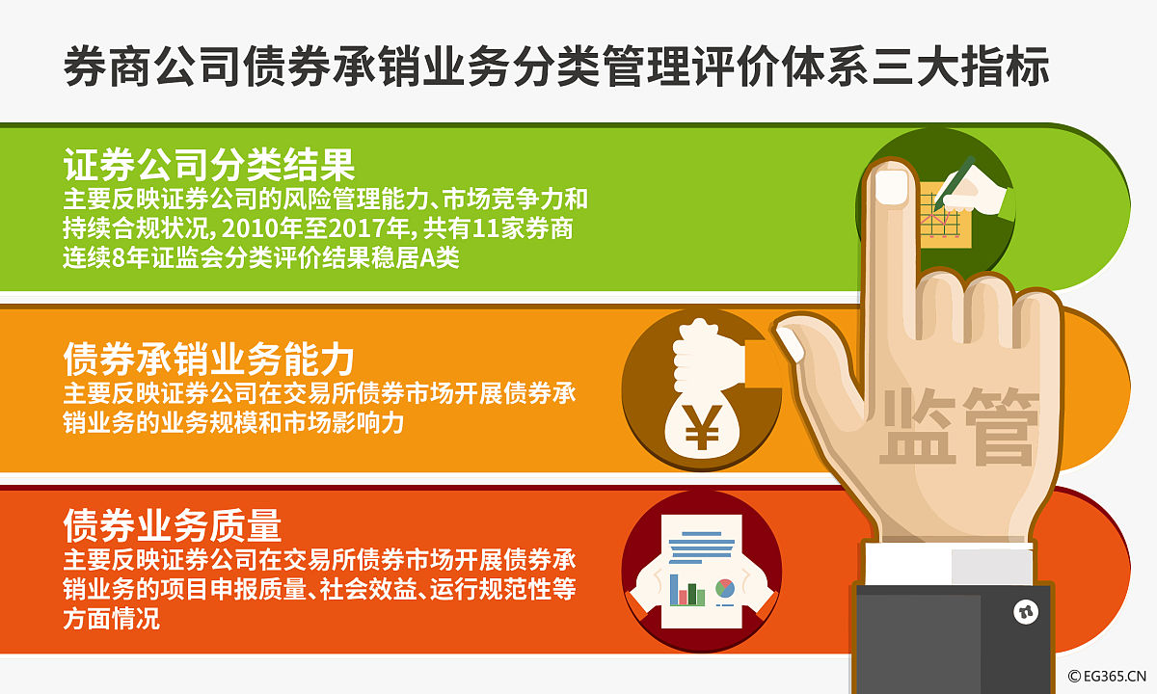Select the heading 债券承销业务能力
coord(209,360)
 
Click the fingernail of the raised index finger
coord(891,187)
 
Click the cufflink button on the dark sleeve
coord(1021,611)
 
